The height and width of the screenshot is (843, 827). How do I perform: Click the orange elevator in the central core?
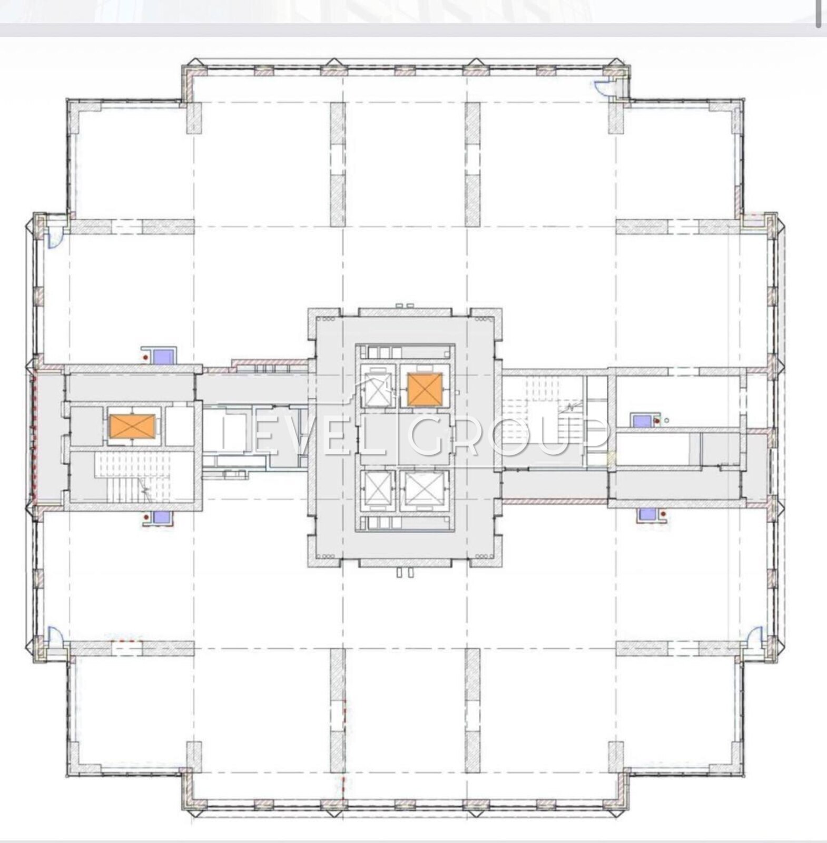(425, 389)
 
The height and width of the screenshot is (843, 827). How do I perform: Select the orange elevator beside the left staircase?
(132, 426)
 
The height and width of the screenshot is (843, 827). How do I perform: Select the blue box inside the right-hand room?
(642, 420)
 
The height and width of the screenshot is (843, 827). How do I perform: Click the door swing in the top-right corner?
(602, 86)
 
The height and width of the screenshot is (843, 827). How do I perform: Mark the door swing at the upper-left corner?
(54, 240)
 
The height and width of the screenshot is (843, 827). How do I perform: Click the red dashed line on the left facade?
(34, 437)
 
